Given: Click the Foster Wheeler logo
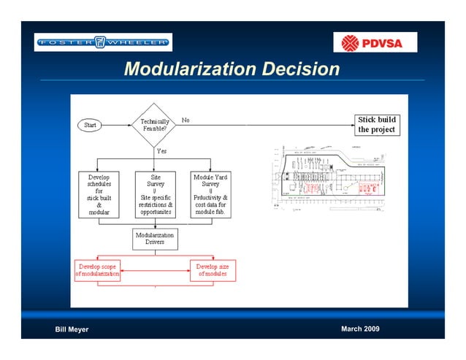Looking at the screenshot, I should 103,42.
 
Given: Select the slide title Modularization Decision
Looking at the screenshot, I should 232,69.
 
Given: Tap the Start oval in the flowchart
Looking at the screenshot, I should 91,126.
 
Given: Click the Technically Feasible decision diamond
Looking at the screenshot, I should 155,126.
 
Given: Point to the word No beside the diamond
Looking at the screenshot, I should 186,120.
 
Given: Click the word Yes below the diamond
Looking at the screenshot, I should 161,151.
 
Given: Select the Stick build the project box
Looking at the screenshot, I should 376,124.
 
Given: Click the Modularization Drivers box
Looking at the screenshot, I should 155,240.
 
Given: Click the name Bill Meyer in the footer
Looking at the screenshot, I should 72,329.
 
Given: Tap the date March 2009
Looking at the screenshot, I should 360,329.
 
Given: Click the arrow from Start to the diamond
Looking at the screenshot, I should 117,126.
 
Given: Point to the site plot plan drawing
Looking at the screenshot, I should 330,175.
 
